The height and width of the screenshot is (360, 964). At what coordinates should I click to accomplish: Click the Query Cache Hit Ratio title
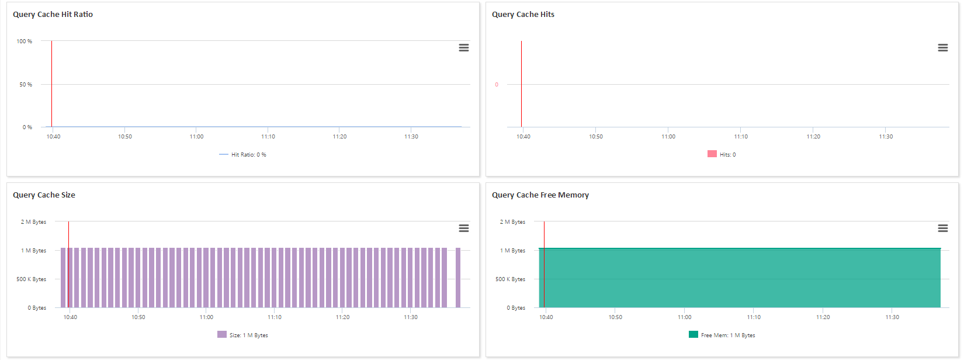click(x=53, y=15)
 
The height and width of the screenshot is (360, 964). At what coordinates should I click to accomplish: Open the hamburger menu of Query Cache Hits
click(x=942, y=48)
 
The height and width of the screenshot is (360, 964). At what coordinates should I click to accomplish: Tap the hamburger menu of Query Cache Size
click(x=463, y=229)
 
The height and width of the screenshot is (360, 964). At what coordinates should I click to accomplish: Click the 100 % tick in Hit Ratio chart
click(x=25, y=41)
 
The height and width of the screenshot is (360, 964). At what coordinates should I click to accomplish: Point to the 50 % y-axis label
click(x=26, y=85)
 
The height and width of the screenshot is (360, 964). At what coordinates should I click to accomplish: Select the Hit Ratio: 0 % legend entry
click(x=243, y=155)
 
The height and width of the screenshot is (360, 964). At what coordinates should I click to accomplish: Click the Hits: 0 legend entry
click(x=722, y=155)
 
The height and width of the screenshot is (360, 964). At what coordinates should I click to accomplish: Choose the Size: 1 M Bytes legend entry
click(x=243, y=335)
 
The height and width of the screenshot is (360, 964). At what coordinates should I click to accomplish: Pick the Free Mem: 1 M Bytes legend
click(x=722, y=335)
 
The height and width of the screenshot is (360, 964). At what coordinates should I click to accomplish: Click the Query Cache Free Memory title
click(x=540, y=195)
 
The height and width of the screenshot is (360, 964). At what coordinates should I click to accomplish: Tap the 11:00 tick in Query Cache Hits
click(x=668, y=137)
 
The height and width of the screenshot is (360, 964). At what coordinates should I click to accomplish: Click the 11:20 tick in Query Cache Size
click(x=342, y=317)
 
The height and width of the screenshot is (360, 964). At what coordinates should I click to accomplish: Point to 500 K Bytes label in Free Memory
click(x=510, y=279)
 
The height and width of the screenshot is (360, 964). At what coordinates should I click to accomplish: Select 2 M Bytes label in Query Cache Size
click(x=33, y=222)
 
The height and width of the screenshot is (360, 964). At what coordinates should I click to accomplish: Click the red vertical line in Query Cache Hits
click(x=521, y=82)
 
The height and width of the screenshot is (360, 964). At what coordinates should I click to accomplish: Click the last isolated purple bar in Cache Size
click(x=458, y=278)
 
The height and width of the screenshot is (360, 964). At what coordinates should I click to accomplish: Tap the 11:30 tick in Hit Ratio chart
click(x=411, y=137)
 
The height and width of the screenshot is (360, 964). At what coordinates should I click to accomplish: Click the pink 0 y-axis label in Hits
click(x=497, y=85)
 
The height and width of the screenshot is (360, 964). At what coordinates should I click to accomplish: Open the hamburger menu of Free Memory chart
click(x=942, y=229)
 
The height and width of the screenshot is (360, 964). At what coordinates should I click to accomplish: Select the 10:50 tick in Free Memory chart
click(x=615, y=317)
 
